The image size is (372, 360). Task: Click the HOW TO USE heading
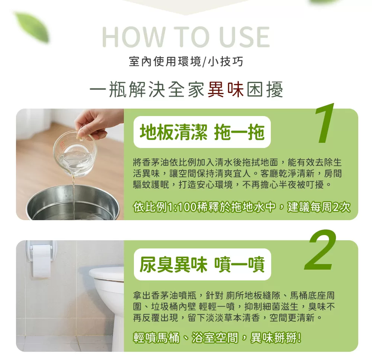186,37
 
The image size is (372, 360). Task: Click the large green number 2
321,251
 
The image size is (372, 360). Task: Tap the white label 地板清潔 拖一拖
202,132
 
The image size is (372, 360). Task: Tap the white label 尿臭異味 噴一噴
202,264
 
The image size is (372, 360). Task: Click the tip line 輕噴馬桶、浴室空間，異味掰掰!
218,338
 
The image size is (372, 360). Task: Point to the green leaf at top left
32,26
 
